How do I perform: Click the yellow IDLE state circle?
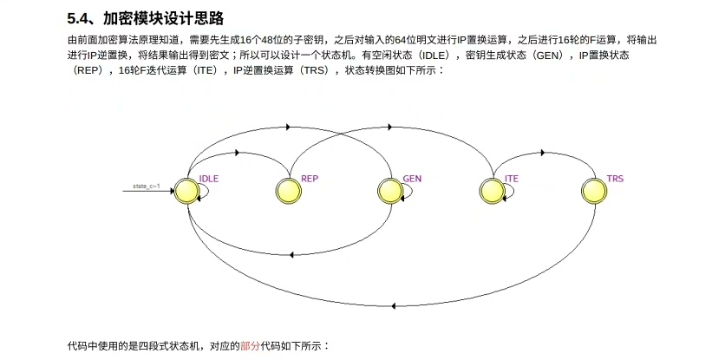coord(186,191)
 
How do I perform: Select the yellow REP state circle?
coord(288,191)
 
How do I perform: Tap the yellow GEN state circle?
coord(390,191)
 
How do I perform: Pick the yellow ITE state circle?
coord(493,191)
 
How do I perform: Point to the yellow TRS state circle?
coord(594,191)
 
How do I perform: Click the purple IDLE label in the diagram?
coord(209,179)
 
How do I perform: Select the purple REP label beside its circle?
coord(310,179)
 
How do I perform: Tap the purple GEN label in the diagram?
coord(412,179)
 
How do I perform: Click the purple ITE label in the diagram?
coord(512,179)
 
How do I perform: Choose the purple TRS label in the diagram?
coord(615,179)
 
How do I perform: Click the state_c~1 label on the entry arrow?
coord(146,187)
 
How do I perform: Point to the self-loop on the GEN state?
coord(408,198)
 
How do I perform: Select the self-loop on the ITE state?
coord(510,198)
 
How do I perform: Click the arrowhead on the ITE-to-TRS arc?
coord(544,153)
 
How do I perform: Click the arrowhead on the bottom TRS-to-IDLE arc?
coord(395,304)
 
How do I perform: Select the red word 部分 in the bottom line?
coord(250,346)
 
